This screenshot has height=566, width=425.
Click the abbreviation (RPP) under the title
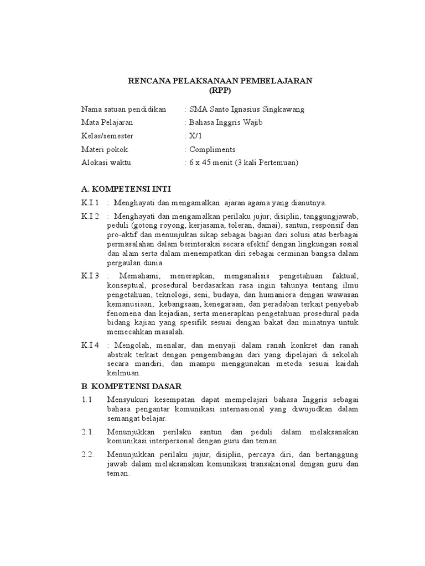220,90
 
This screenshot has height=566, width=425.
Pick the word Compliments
212,149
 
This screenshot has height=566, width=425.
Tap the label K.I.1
90,203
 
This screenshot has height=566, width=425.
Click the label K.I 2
90,216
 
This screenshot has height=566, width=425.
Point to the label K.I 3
90,275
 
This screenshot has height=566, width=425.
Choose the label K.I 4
90,345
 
